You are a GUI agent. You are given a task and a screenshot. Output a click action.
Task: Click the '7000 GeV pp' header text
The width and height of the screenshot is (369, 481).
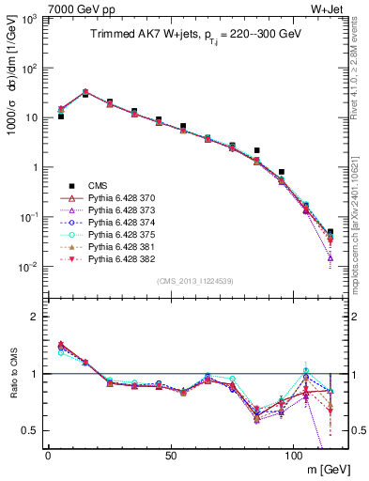68,8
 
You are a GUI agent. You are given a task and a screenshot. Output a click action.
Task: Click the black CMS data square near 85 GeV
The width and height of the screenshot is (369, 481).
256,150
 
